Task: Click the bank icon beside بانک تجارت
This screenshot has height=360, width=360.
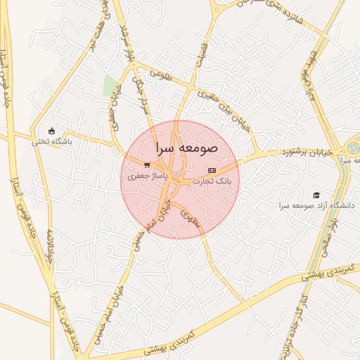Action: coord(212,171)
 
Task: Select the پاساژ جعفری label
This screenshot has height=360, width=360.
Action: coord(143,177)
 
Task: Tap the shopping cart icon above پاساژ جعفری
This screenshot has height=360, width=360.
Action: coord(147,165)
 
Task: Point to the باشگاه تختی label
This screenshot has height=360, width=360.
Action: coord(51,141)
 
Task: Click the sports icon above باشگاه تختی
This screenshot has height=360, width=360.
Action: coord(51,130)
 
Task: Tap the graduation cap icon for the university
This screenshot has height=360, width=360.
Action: coord(316,195)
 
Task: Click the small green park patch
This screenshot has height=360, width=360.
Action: coord(110,86)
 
